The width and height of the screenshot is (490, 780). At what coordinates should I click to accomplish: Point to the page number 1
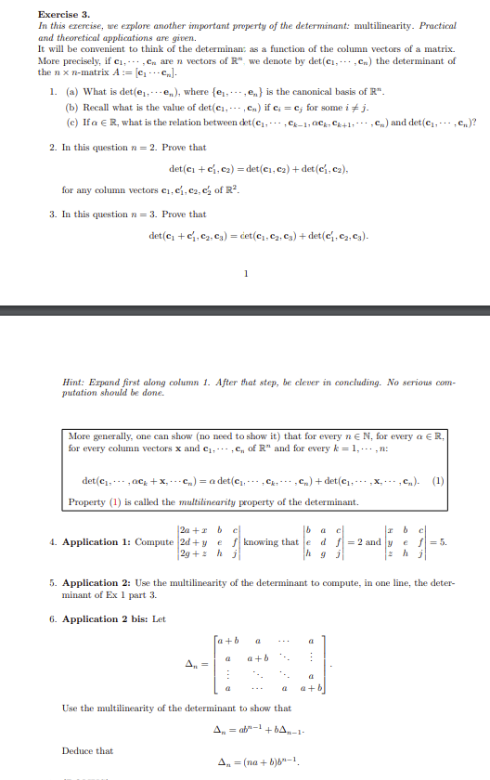tap(244, 273)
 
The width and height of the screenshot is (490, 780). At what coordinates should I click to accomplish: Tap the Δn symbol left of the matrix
tap(192, 665)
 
